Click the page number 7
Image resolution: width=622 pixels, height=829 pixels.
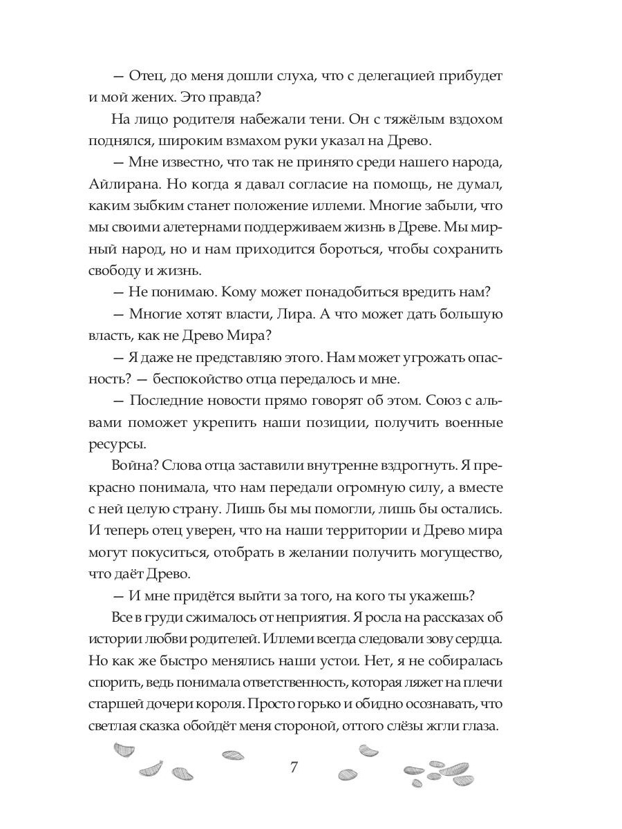(294, 768)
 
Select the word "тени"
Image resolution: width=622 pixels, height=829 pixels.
(319, 118)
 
